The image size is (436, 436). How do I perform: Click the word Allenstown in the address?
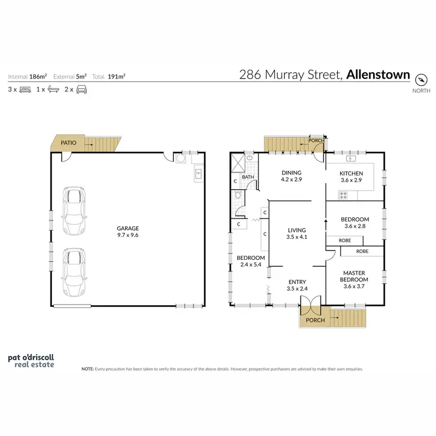tap(378, 75)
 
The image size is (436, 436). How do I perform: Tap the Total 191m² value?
tap(116, 76)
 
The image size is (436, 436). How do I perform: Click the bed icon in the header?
tap(25, 90)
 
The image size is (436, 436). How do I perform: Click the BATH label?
tap(248, 177)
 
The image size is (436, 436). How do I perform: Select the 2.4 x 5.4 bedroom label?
tap(251, 261)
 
